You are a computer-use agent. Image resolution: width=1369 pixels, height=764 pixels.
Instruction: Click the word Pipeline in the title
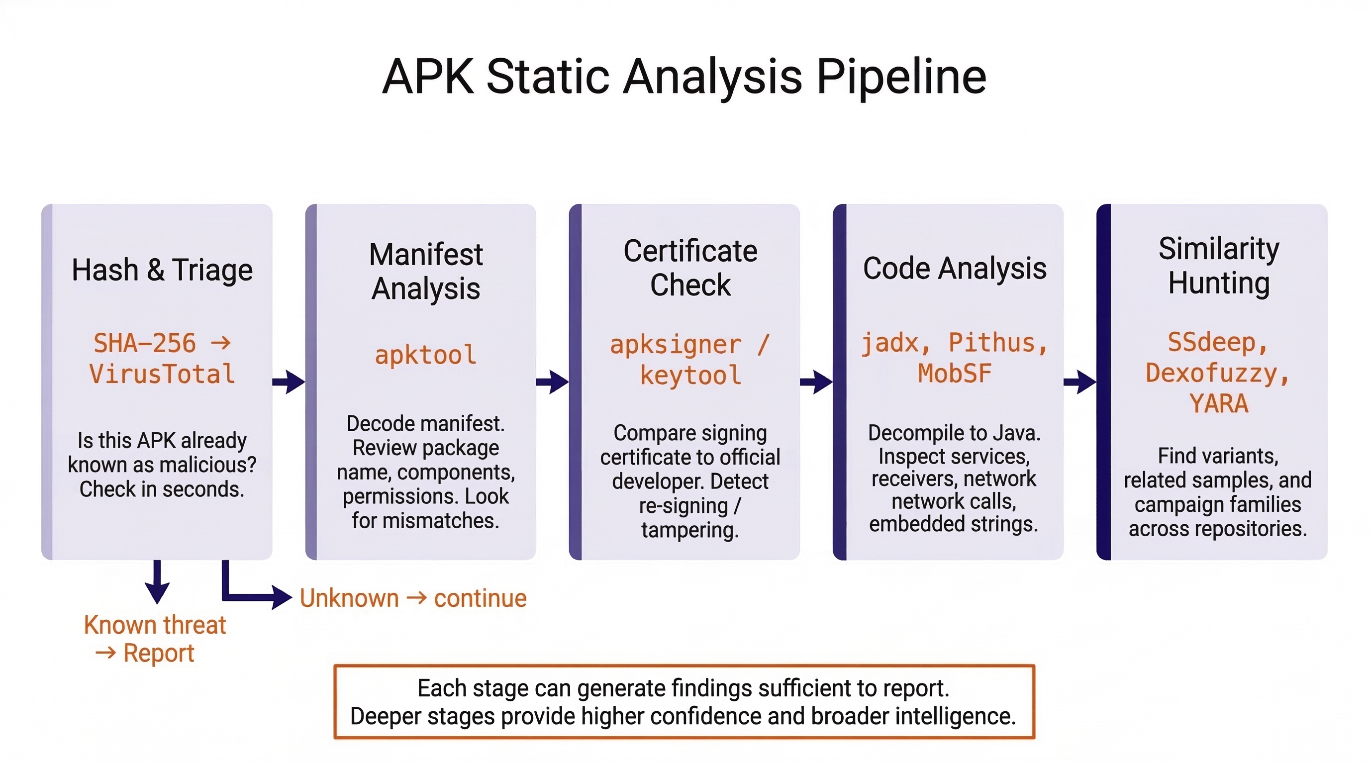[901, 77]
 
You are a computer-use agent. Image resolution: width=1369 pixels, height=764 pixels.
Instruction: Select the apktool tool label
[425, 355]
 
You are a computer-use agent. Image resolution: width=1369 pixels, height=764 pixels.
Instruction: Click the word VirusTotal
[162, 374]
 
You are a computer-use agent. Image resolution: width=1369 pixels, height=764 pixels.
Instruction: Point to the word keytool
[690, 376]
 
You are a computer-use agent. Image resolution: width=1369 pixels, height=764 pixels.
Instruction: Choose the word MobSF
[955, 374]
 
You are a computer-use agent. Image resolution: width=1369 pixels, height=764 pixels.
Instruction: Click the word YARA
[1218, 404]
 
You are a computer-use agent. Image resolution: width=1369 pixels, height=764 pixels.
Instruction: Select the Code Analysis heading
[955, 268]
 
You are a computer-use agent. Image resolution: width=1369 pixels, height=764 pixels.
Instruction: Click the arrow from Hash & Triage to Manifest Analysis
[289, 382]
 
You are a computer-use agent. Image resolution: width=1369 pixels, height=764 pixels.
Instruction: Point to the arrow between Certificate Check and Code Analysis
[816, 382]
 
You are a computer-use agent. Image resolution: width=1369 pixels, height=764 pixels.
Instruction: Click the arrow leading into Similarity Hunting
[1079, 382]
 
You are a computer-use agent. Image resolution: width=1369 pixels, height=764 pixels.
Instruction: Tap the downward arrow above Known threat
[157, 582]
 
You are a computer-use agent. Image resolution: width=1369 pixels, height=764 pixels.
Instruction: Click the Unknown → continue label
[413, 598]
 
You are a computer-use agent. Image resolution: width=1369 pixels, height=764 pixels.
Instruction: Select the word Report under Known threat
[158, 654]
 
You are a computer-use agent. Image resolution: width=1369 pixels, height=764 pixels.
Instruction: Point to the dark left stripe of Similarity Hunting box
[1103, 382]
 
